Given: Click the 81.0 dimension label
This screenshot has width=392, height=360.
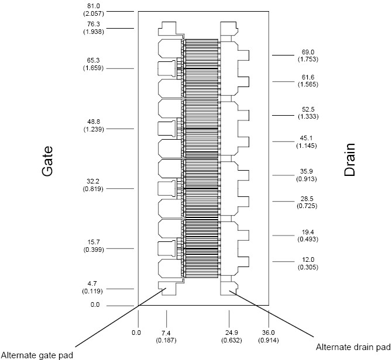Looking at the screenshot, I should tap(94, 6).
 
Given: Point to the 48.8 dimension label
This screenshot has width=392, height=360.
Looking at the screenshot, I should tap(94, 122).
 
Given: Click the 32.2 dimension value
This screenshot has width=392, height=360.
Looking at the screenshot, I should tap(94, 182).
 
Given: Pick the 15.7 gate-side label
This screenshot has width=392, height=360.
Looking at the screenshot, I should tap(94, 242).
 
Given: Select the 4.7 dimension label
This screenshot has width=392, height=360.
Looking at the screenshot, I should tap(94, 283).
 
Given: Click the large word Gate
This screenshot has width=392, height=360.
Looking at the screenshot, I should tap(48, 161).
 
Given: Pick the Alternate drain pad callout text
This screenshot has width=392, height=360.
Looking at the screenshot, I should tap(352, 346).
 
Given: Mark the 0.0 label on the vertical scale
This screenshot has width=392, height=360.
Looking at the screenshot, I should tap(95, 304).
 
